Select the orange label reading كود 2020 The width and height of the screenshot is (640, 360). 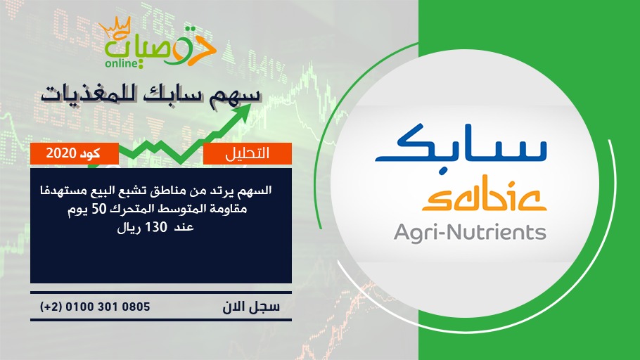point(75,153)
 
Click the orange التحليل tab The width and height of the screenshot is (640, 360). point(248,153)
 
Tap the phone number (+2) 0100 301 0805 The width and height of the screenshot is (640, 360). point(95,307)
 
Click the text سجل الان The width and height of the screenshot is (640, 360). point(251,307)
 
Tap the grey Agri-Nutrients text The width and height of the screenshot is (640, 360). point(470,232)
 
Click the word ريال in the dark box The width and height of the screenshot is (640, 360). point(129,228)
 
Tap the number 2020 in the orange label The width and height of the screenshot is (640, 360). point(61,153)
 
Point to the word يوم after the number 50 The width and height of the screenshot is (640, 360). point(78,210)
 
